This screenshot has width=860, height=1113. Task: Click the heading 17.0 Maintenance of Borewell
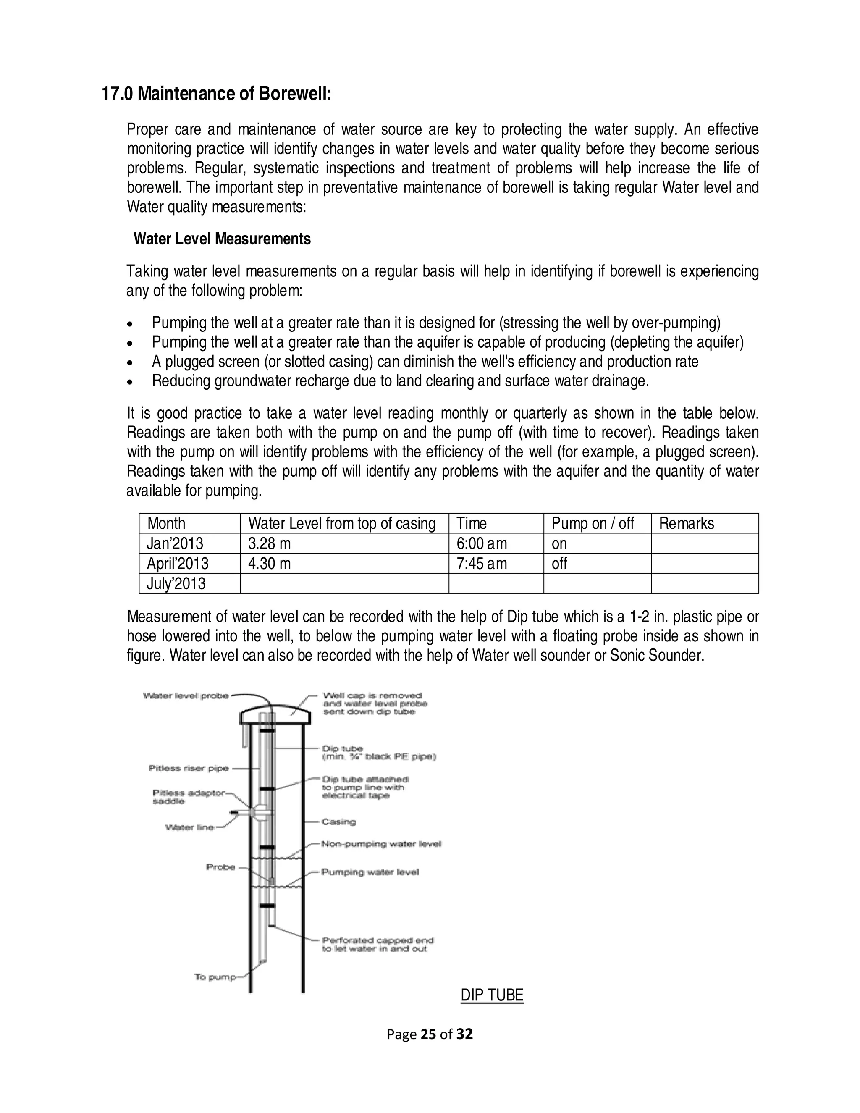tap(217, 94)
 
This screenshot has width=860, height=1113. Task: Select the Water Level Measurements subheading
tap(222, 239)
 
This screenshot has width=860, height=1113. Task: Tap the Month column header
tap(166, 523)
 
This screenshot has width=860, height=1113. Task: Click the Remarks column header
tap(686, 523)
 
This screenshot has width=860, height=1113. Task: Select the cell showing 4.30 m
tap(269, 564)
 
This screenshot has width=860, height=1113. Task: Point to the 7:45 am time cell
tap(482, 564)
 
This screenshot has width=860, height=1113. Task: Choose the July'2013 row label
tap(176, 583)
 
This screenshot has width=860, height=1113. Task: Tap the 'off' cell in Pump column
tap(559, 564)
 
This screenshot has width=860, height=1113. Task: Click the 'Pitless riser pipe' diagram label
tap(189, 768)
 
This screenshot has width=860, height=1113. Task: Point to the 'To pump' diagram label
tap(215, 977)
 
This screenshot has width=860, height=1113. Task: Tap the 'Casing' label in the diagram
tap(338, 822)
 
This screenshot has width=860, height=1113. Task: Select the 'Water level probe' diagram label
tap(186, 696)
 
